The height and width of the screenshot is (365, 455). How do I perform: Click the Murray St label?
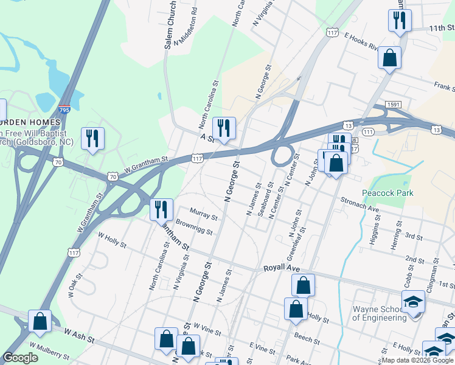pyautogui.click(x=203, y=214)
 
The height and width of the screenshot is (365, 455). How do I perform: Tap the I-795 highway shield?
pyautogui.click(x=64, y=110)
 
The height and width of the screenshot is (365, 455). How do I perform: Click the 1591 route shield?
pyautogui.click(x=394, y=105)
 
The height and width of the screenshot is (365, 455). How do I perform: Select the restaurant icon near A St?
pyautogui.click(x=223, y=128)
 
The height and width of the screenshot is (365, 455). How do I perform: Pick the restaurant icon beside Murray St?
pyautogui.click(x=161, y=209)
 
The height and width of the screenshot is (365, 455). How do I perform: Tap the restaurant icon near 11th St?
pyautogui.click(x=400, y=20)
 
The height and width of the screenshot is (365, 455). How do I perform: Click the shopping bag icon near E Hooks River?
pyautogui.click(x=389, y=58)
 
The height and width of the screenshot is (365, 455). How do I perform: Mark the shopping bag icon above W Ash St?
pyautogui.click(x=40, y=321)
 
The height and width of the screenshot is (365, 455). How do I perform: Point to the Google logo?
pyautogui.click(x=21, y=358)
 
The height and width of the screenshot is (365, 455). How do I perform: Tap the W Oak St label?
pyautogui.click(x=75, y=286)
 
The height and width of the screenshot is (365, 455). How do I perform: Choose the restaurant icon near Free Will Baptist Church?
pyautogui.click(x=92, y=138)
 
